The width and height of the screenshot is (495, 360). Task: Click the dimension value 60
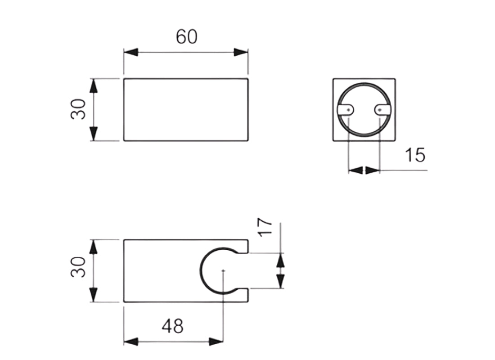[186, 37]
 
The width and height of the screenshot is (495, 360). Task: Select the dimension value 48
[172, 325]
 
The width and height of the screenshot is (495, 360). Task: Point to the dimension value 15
[415, 155]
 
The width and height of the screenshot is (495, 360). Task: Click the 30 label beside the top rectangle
[78, 109]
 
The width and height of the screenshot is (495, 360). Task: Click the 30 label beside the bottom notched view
[78, 267]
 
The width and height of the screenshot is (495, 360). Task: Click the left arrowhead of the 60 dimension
[130, 52]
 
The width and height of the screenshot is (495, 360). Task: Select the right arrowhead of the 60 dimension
[241, 52]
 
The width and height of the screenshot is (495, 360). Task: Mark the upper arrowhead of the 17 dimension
[280, 261]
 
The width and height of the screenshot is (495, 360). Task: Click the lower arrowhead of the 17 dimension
[280, 281]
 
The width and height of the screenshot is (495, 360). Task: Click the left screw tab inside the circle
[346, 109]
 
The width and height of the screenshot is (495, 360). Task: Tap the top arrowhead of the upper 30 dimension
[94, 85]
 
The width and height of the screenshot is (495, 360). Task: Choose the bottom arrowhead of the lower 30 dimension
[94, 295]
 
